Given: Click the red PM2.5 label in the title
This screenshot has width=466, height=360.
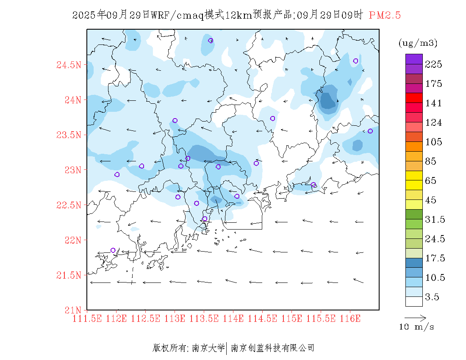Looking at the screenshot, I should [x=385, y=16].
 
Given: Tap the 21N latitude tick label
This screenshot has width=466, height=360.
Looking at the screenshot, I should [x=72, y=310].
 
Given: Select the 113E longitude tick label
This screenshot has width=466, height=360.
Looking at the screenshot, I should [x=175, y=318].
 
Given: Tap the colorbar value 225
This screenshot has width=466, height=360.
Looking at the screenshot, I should [x=434, y=64].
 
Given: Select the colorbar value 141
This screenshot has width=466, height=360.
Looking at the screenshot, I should [x=434, y=103].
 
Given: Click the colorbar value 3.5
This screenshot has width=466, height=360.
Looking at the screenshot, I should [x=432, y=297].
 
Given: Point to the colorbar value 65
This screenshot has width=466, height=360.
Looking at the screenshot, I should [x=431, y=181].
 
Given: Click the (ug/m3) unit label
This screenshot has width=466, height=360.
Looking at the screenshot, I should [x=418, y=43].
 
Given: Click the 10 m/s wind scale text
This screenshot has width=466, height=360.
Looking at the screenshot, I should [x=417, y=327].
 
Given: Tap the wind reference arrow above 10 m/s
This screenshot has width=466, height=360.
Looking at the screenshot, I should [x=415, y=317].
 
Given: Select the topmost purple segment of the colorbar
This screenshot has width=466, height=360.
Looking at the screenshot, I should [x=414, y=59].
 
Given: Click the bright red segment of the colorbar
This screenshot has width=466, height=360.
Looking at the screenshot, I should [x=414, y=98].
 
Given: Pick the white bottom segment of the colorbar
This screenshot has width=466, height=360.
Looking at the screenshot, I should [x=414, y=301].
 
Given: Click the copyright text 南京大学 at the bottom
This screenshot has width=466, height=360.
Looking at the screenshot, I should [x=208, y=348].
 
